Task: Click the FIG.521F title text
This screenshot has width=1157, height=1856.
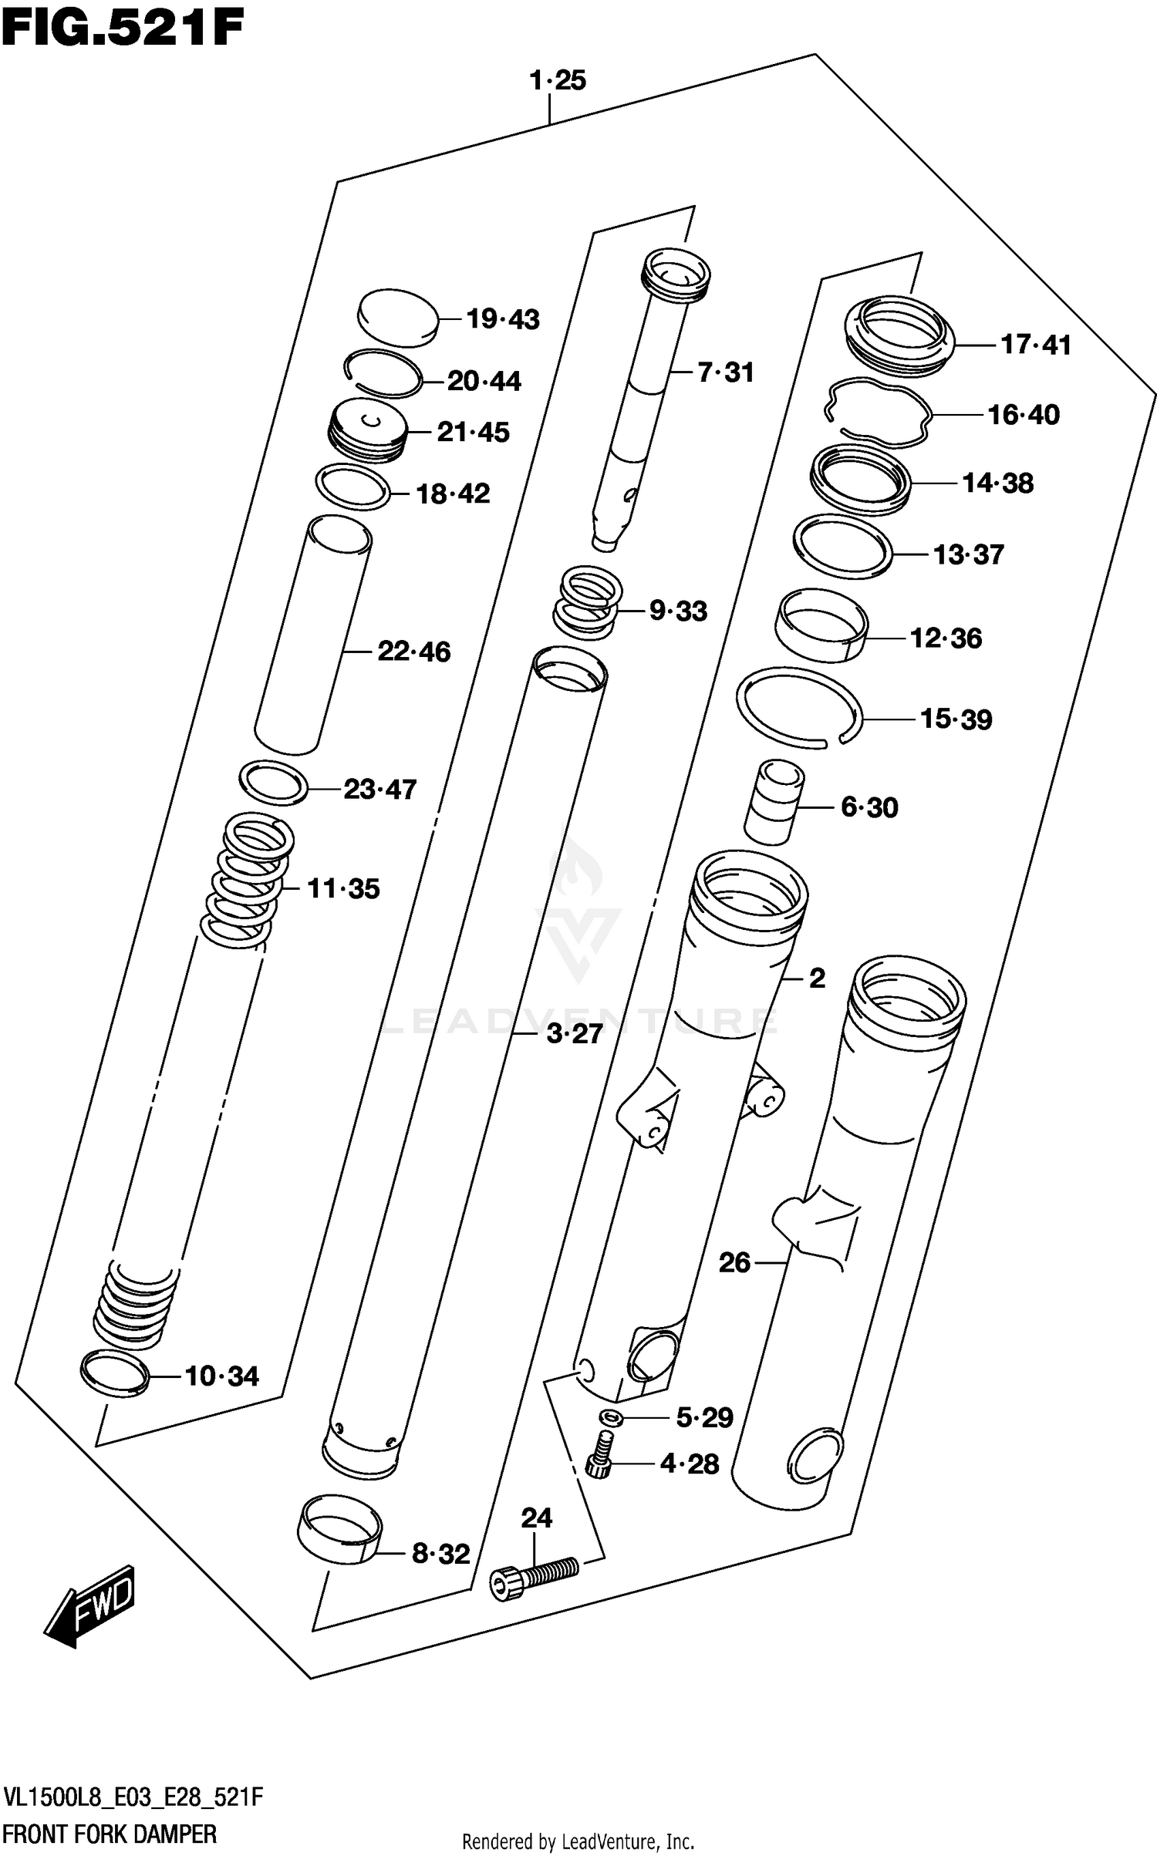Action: click(122, 29)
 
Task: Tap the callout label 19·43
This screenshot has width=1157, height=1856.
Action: click(503, 319)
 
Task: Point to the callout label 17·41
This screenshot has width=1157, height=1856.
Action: click(1035, 345)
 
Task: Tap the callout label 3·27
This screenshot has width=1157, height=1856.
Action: click(574, 1033)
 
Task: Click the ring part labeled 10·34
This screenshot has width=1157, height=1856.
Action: click(114, 1373)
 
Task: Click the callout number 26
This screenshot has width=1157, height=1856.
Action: click(734, 1262)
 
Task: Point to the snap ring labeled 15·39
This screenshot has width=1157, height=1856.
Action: click(798, 708)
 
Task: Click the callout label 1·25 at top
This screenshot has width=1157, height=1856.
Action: click(557, 80)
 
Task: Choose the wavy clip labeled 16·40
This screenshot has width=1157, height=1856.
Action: click(877, 413)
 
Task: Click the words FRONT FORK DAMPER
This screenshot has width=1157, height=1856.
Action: click(110, 1834)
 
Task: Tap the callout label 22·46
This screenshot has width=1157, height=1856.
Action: click(413, 652)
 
